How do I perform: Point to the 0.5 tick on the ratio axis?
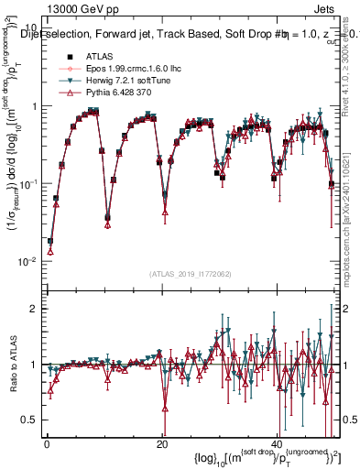[27, 420]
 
